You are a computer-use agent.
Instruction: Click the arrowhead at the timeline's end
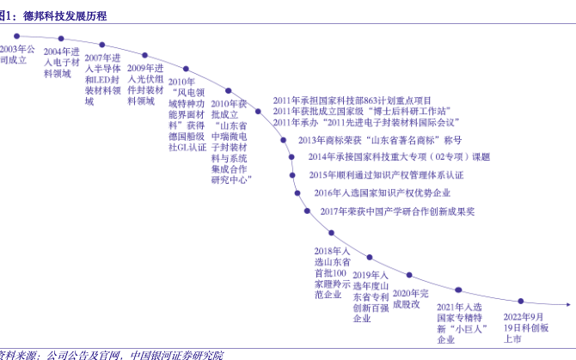tap(569, 302)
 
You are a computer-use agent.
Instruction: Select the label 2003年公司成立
tap(17, 55)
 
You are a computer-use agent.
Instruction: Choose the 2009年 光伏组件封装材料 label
tap(145, 83)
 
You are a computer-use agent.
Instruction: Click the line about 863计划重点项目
tap(353, 101)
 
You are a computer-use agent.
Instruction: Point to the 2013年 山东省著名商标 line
tap(379, 140)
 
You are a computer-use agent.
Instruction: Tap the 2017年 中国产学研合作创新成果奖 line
tap(397, 211)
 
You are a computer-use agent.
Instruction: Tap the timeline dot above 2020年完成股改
tap(408, 278)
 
